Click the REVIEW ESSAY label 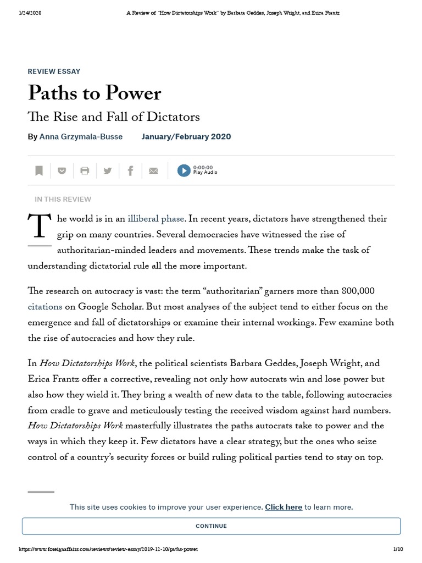[x=54, y=71]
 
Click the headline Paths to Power [x=95, y=93]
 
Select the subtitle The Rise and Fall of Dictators [x=114, y=117]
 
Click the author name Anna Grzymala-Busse [x=81, y=136]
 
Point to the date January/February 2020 [x=186, y=136]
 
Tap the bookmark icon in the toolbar [x=39, y=171]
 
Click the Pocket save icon [x=62, y=171]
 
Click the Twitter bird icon [x=108, y=171]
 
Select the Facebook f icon [x=130, y=171]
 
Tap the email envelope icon [x=153, y=171]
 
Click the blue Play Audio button [x=184, y=170]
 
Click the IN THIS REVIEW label [x=63, y=199]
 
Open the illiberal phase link [x=156, y=219]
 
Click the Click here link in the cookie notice [x=284, y=507]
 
